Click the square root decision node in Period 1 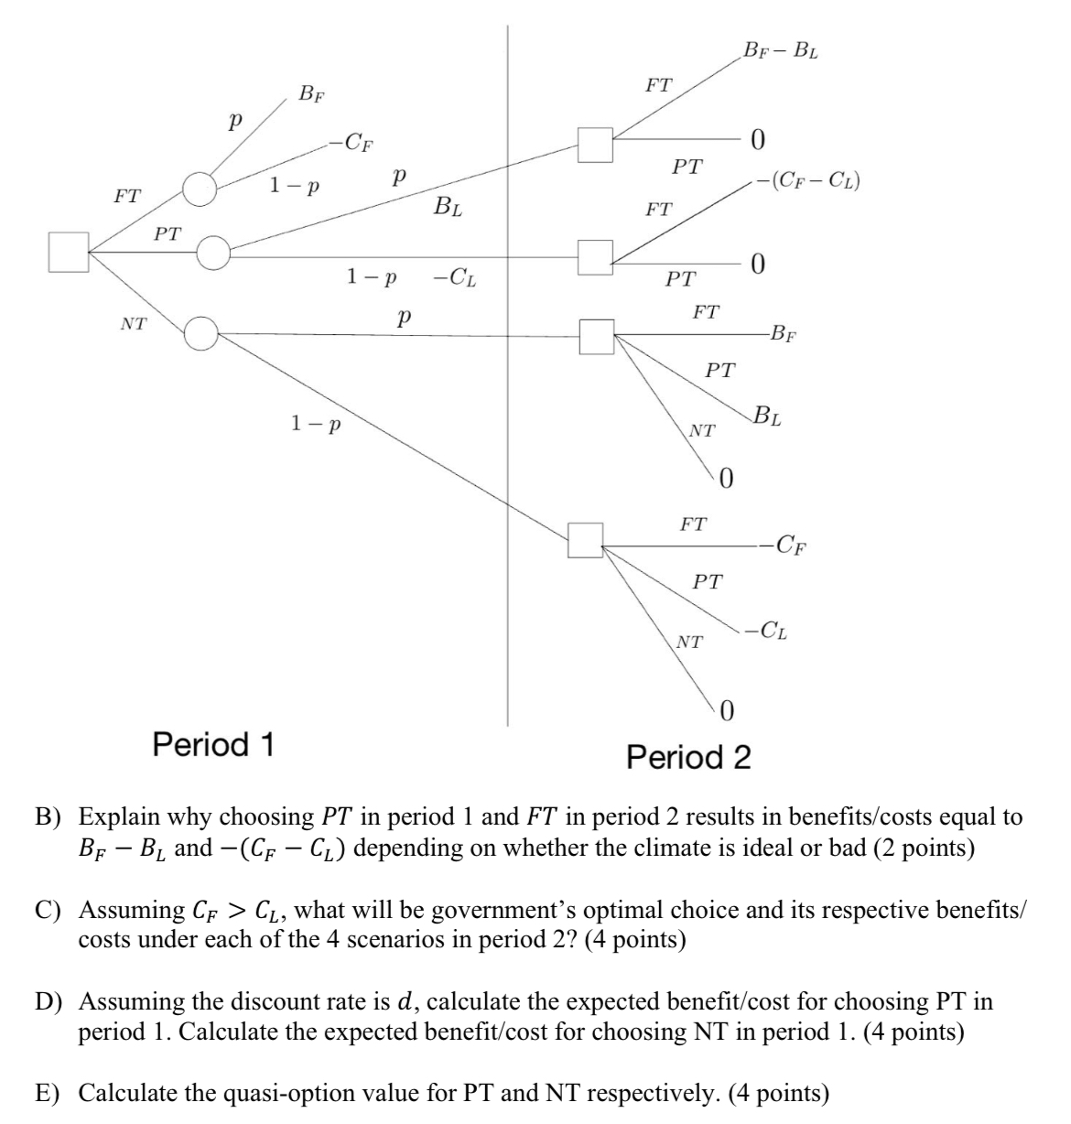[69, 252]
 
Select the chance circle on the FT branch [199, 189]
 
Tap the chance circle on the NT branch [200, 333]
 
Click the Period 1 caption [213, 744]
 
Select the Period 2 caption [688, 757]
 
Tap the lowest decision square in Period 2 [586, 540]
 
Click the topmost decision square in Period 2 [595, 145]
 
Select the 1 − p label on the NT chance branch [315, 424]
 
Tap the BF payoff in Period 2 [784, 332]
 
